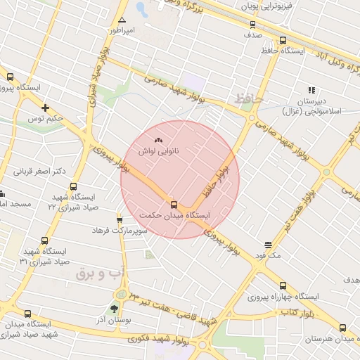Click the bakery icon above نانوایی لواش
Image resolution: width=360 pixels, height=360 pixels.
pos(157,141)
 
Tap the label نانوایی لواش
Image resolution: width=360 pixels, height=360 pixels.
pos(157,151)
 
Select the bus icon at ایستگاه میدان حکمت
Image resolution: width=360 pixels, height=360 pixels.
pos(174,205)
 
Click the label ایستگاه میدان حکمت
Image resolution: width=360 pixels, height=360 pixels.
pos(174,215)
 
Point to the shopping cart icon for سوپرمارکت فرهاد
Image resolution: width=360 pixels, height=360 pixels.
pos(119,219)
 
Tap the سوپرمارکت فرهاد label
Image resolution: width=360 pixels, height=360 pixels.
pos(122,230)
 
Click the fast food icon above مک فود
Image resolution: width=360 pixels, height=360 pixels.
pos(269,245)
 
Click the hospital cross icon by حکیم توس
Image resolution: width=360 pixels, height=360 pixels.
pos(46,108)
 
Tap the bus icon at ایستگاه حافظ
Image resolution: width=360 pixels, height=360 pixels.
pos(283,41)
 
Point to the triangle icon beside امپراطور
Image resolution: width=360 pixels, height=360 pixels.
pos(122,20)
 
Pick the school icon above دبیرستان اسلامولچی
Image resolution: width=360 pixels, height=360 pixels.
pos(311,90)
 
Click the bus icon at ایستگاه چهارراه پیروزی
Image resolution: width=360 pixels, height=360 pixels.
pos(283,285)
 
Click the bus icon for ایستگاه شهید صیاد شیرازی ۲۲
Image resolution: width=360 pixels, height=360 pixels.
pos(73,187)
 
